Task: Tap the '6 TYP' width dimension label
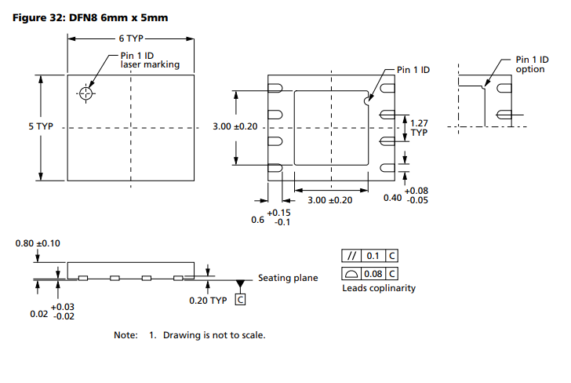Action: coord(132,37)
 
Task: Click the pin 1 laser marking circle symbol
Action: coord(85,94)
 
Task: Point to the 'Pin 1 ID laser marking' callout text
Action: coord(150,60)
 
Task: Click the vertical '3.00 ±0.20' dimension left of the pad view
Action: coord(235,126)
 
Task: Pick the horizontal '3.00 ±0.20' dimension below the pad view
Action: coord(330,200)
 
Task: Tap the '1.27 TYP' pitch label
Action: coord(420,127)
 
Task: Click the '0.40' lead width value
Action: coord(392,198)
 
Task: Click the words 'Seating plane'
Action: coord(288,279)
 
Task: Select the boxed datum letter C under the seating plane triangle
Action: coord(240,298)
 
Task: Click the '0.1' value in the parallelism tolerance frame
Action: coord(373,256)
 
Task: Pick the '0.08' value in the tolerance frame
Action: coord(374,274)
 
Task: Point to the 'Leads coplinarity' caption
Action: coord(379,288)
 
